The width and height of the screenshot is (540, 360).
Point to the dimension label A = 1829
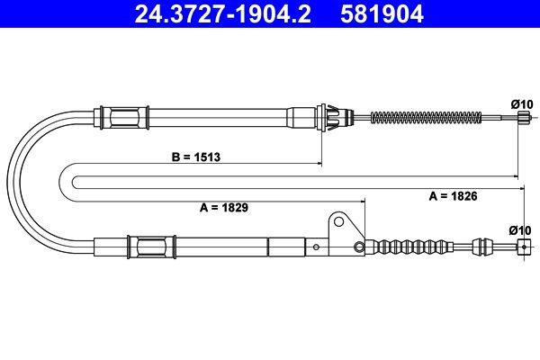click(x=223, y=206)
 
